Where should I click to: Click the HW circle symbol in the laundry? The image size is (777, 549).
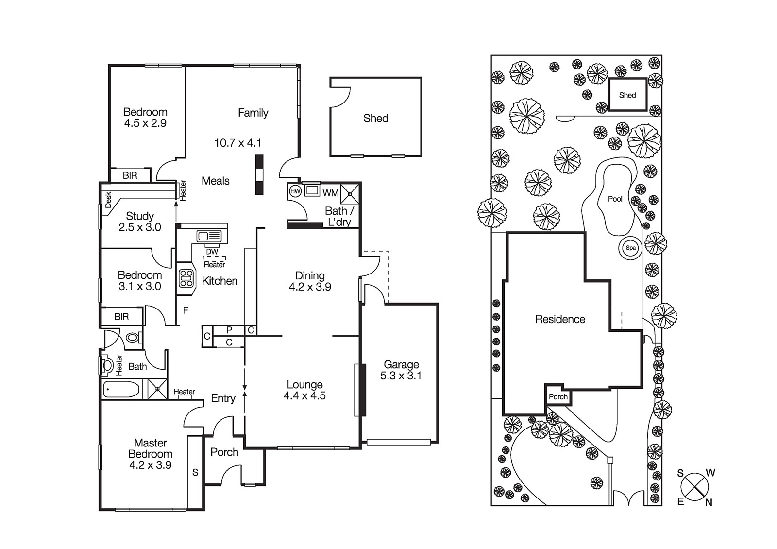click(x=295, y=191)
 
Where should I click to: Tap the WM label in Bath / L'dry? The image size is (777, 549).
click(x=331, y=193)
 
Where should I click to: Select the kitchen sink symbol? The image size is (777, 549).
click(x=209, y=237)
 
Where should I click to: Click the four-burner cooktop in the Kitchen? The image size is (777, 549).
click(x=186, y=278)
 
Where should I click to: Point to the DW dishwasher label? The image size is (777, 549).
click(x=212, y=252)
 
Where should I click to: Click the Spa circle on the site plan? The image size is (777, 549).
click(x=630, y=248)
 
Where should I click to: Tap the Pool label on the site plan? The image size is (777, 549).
click(x=615, y=199)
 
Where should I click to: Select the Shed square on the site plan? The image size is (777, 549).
click(x=627, y=95)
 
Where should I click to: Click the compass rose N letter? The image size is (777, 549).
click(x=709, y=503)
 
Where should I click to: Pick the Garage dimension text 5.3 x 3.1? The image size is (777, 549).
click(x=401, y=376)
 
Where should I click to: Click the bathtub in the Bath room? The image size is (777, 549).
click(x=121, y=390)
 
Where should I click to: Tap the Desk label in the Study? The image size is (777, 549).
click(x=108, y=200)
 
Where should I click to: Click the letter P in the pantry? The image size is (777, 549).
click(x=229, y=330)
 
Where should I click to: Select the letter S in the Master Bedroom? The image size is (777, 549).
click(x=195, y=472)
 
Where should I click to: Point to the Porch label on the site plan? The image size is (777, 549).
click(x=558, y=396)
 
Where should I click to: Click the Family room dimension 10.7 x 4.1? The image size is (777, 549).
click(x=237, y=143)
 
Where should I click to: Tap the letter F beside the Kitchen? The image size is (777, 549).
click(x=185, y=310)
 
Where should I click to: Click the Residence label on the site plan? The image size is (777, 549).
click(x=560, y=319)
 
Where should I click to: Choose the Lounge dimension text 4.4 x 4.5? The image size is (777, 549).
click(x=304, y=395)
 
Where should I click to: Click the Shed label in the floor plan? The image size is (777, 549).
click(x=375, y=118)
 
